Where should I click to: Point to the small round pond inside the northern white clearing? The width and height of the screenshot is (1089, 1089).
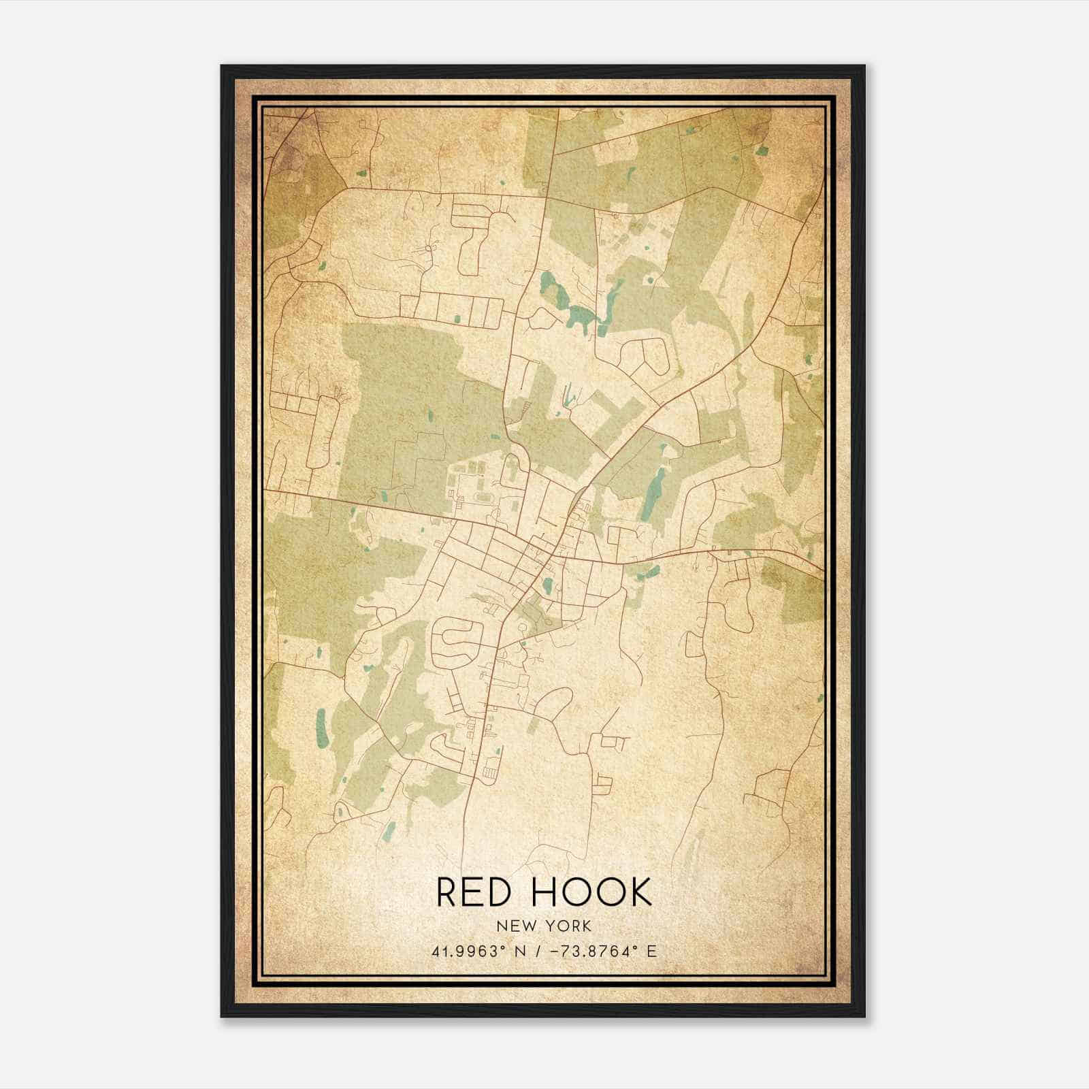pos(648,278)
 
